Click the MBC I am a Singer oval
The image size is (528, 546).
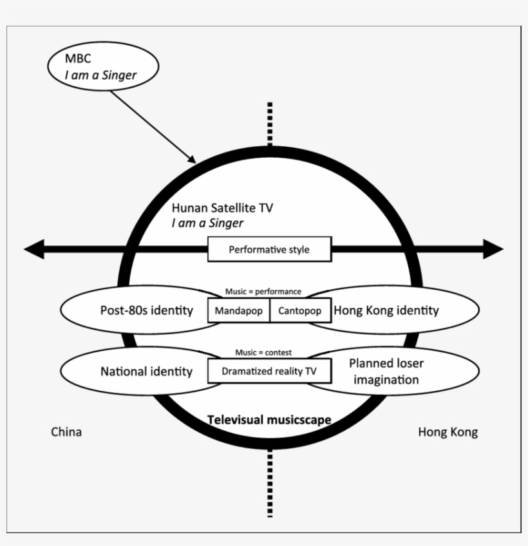click(102, 67)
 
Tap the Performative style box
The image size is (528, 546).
click(269, 249)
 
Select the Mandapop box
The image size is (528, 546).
click(238, 311)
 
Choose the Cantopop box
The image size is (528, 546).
click(300, 311)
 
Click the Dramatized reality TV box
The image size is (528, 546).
click(269, 371)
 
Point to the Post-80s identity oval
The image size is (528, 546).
click(138, 310)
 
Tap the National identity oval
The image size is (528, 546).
click(138, 371)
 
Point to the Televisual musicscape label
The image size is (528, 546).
click(269, 420)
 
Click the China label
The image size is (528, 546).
click(66, 432)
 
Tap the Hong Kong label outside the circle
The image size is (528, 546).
click(448, 432)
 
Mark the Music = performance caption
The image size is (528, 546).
click(263, 292)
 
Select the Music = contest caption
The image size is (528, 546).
click(263, 352)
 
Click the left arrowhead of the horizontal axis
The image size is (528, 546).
click(34, 249)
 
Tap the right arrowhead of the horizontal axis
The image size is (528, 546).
click(493, 249)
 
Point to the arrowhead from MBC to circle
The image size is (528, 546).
click(191, 158)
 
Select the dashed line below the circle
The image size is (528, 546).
click(270, 483)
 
